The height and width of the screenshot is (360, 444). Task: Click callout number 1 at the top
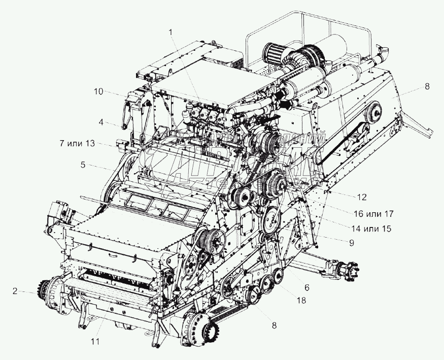coord(171,32)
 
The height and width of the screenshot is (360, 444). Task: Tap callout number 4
coord(102,122)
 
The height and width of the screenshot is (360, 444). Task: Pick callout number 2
coord(16,291)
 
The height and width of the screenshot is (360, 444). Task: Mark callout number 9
coord(350,243)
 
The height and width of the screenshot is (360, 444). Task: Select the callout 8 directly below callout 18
coord(274,325)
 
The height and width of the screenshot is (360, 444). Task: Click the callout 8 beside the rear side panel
coord(427,86)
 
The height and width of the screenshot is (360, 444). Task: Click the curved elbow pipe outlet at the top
coord(384,52)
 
